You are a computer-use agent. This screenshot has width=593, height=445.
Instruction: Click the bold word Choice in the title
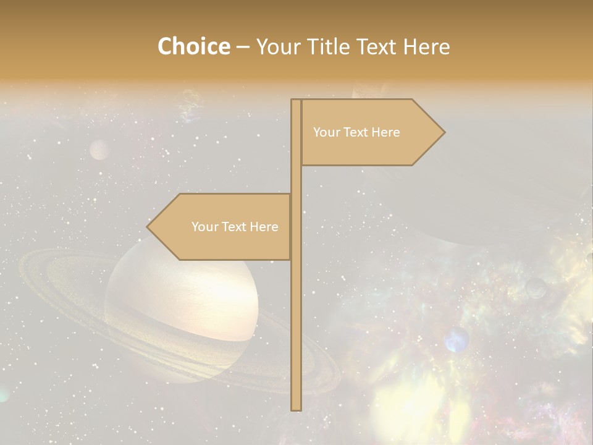[193, 46]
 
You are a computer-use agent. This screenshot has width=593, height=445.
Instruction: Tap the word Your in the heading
[277, 46]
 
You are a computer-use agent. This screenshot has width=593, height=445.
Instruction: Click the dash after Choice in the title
[243, 48]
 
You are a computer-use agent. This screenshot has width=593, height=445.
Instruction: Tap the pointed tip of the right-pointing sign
[443, 132]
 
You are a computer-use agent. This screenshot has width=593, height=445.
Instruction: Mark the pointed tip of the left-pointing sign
[148, 227]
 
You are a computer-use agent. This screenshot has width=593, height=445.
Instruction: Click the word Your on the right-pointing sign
[326, 132]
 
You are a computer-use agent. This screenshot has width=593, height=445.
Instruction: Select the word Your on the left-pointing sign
[204, 227]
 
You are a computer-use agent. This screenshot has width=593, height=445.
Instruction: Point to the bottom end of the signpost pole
[296, 408]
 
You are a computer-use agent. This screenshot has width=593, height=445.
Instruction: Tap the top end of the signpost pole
[296, 101]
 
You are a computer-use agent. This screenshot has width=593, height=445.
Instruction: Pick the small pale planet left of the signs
[99, 150]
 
